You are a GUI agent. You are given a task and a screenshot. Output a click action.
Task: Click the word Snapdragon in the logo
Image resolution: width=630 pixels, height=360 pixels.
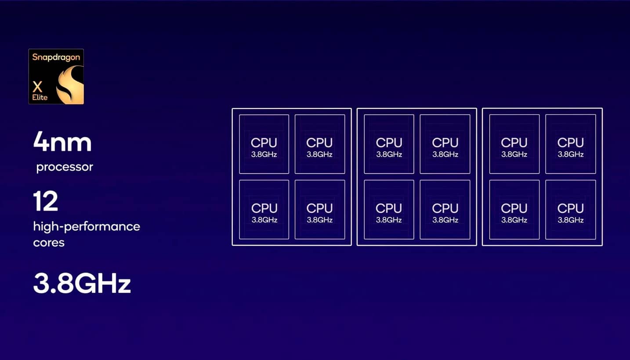[56, 58]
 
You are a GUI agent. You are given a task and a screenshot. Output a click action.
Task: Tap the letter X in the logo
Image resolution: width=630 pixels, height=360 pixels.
[37, 87]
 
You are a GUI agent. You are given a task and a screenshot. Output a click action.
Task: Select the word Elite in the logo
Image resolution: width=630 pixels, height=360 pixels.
[40, 98]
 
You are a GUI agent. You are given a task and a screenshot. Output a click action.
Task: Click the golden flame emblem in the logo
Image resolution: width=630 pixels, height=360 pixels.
[70, 84]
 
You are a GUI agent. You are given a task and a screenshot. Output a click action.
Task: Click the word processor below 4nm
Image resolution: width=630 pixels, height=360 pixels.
[65, 167]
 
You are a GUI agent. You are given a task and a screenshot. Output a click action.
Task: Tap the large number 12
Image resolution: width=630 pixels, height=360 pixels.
[46, 201]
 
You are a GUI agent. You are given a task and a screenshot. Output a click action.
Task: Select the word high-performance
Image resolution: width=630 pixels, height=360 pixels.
[87, 227]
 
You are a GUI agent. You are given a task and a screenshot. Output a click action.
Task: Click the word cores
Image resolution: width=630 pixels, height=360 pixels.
[49, 243]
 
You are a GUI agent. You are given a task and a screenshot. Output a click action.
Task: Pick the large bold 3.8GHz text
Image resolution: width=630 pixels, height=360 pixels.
[82, 283]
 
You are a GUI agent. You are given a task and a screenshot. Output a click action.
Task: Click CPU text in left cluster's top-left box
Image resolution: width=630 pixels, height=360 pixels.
[264, 143]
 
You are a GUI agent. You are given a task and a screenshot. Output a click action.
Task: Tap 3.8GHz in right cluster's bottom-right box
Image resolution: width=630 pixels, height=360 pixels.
[570, 220]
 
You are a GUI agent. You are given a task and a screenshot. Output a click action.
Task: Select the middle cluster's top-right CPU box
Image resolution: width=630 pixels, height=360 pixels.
[445, 144]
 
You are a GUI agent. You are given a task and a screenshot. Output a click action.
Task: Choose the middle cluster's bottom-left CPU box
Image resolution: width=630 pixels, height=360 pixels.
[389, 209]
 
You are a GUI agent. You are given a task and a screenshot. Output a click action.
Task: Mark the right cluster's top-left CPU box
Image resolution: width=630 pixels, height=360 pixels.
[514, 144]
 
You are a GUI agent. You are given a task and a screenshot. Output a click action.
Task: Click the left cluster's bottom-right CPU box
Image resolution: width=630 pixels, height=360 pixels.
[320, 209]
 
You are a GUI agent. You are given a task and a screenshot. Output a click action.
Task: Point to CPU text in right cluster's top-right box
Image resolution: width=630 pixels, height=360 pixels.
[570, 143]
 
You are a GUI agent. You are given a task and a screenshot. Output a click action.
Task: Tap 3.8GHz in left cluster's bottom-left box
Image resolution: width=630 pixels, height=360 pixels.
[264, 220]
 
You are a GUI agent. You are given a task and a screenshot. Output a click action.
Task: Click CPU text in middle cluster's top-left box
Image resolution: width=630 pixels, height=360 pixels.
[389, 143]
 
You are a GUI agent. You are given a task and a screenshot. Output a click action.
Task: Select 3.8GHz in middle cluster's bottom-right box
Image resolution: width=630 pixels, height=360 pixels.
[445, 220]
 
